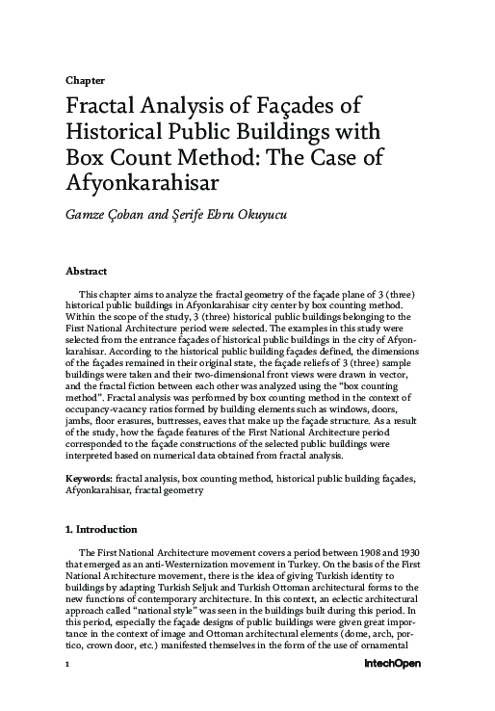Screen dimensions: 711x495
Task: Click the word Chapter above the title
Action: [85, 81]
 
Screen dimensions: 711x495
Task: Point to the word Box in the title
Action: [88, 158]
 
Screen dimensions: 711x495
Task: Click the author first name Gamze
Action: [88, 212]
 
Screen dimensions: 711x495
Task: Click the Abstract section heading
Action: [86, 272]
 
